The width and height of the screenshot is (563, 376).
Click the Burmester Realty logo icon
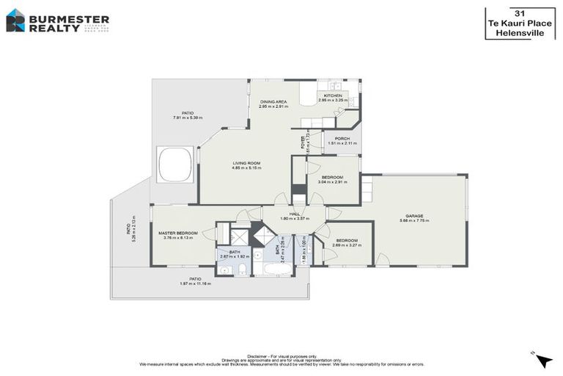click(15, 20)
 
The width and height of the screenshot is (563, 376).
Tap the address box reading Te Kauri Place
click(520, 23)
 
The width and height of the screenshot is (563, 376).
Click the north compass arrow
click(543, 360)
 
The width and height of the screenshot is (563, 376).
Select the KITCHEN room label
click(331, 95)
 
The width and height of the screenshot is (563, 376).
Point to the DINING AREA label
click(273, 102)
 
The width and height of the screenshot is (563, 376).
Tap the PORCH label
click(342, 138)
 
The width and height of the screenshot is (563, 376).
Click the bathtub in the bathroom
click(277, 270)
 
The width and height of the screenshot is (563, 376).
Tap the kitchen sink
click(336, 84)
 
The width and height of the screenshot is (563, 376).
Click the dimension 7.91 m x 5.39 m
click(188, 117)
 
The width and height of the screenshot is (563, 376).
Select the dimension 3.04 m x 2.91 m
click(332, 181)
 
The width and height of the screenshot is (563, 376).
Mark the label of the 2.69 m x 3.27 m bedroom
click(347, 240)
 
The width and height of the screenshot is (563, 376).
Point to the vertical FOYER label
click(303, 140)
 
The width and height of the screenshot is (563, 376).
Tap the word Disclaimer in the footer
click(262, 354)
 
